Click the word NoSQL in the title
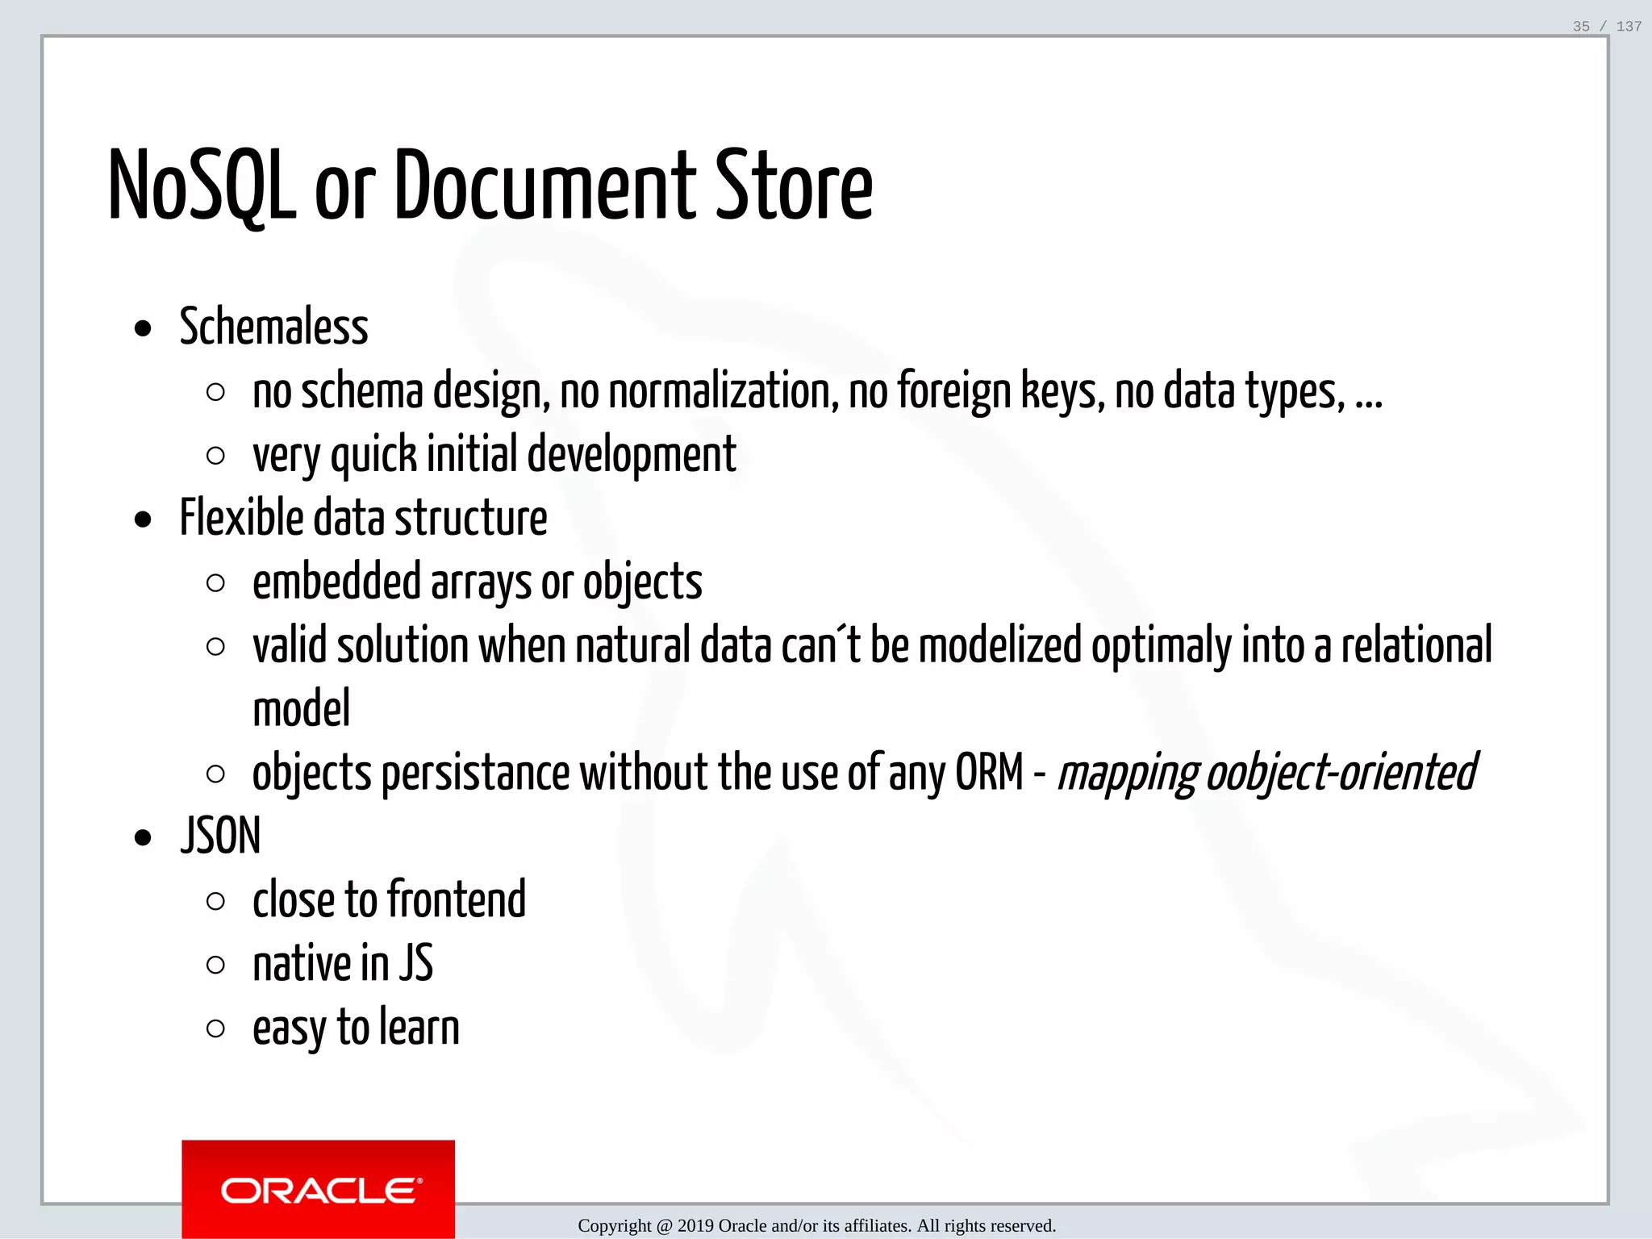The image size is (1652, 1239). [x=202, y=187]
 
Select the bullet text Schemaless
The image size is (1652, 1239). [x=273, y=327]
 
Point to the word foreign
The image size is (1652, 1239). [x=953, y=391]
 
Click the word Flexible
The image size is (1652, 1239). [x=241, y=518]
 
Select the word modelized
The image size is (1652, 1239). [x=999, y=645]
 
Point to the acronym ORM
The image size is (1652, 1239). [x=989, y=773]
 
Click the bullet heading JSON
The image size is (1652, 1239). [x=220, y=836]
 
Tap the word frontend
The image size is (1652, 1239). [x=457, y=899]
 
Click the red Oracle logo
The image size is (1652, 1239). [x=318, y=1189]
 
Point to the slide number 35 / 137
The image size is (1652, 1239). [x=1607, y=27]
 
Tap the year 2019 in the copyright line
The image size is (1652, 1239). [x=695, y=1226]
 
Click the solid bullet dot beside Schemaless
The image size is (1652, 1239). [x=144, y=329]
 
